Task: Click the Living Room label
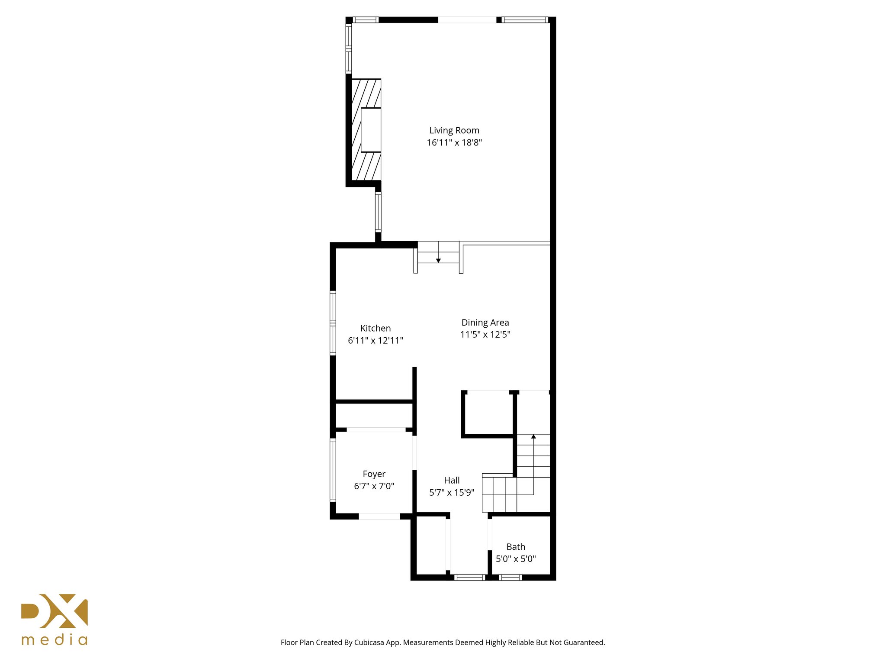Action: coord(454,130)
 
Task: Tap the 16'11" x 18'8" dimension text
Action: coord(454,142)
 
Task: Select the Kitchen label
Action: coord(375,328)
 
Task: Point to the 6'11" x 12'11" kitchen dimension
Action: coord(375,340)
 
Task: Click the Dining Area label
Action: coord(485,323)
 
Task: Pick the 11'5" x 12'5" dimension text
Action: coord(485,334)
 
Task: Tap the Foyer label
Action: coord(374,474)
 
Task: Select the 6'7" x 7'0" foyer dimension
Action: coord(374,486)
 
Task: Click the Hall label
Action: coord(452,480)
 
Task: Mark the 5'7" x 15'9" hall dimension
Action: coord(452,492)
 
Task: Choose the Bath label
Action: coord(516,547)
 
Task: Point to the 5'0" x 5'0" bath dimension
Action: coord(516,559)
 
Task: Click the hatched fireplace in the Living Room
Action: coord(366,130)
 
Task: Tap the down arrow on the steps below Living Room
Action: coord(438,260)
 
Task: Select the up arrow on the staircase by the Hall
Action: coord(533,436)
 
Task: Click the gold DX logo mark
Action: coord(55,611)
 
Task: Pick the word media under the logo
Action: coord(55,640)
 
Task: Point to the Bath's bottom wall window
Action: coord(510,577)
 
